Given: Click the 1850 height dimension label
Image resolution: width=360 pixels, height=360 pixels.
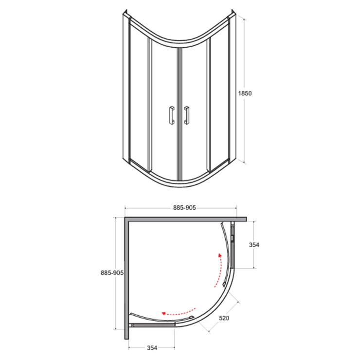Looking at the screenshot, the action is [x=245, y=93].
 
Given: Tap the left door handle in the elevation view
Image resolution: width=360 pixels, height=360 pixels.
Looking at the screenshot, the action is [x=171, y=115].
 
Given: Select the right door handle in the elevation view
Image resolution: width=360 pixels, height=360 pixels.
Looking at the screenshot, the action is [x=187, y=115].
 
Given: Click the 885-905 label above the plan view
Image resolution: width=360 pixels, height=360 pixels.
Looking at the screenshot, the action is [x=184, y=208].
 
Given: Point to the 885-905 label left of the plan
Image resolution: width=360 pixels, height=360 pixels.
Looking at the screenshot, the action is [x=112, y=273].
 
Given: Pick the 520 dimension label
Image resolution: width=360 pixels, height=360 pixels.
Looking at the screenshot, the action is [x=224, y=318].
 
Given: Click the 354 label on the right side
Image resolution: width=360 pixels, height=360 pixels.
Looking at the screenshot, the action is [x=254, y=245].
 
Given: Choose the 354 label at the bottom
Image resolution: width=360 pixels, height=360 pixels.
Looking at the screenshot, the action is [x=152, y=348].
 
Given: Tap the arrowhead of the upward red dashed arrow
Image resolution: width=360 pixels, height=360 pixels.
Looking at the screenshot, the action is [x=220, y=255].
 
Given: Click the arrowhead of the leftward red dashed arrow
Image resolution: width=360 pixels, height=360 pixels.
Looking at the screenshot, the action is [x=164, y=313].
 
